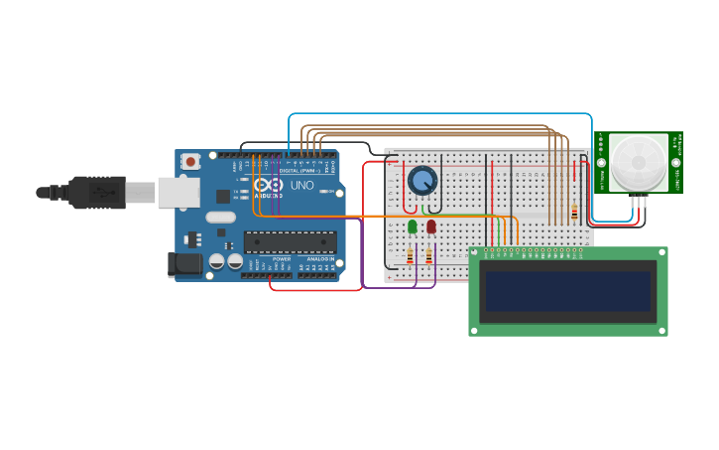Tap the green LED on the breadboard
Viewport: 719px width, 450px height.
pos(413,226)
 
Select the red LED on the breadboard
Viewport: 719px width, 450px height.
pos(431,226)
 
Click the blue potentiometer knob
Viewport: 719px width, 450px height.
pos(422,180)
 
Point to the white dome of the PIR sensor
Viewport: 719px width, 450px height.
pos(638,160)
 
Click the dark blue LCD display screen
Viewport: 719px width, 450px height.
pos(567,291)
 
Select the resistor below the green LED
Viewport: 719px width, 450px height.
pos(410,256)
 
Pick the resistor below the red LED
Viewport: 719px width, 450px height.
pos(428,256)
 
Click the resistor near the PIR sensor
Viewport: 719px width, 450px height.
pos(574,213)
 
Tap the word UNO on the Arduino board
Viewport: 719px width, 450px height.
pos(301,185)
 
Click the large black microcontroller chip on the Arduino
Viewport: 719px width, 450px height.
pos(290,241)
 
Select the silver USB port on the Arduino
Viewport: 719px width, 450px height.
pos(179,193)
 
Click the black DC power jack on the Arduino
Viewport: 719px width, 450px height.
pos(184,264)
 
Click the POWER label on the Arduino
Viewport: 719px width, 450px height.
pos(282,258)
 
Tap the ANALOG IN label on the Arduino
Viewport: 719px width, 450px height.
pos(319,258)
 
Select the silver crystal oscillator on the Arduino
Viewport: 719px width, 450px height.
pos(220,217)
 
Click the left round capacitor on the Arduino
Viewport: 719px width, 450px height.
pos(216,261)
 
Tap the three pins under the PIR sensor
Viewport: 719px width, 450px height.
pos(639,202)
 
